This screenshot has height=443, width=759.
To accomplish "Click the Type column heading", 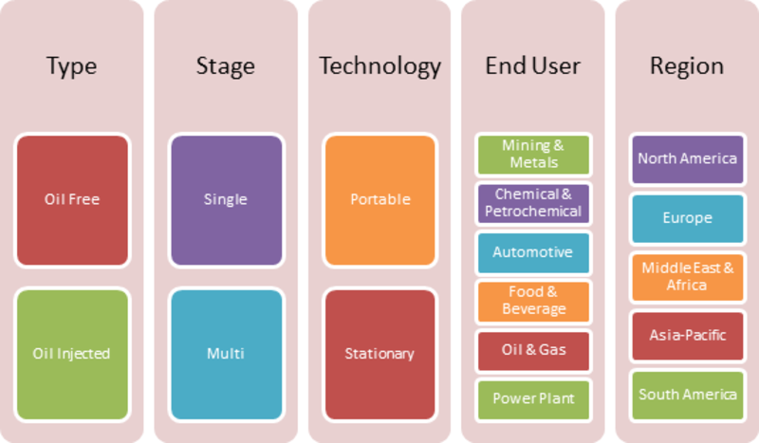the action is tap(72, 66).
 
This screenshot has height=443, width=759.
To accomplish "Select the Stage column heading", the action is tap(226, 66).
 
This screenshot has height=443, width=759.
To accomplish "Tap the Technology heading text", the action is tap(380, 66).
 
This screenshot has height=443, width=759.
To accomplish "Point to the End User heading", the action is tap(533, 65).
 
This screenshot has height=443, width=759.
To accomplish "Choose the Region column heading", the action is tap(687, 66).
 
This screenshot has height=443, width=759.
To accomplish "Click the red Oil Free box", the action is tap(73, 200).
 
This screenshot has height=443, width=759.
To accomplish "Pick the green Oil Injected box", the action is tap(73, 355).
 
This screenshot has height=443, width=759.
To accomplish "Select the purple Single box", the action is tap(227, 200).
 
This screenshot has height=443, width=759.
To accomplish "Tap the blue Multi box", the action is tap(227, 355).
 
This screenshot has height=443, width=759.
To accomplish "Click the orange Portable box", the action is tap(380, 200).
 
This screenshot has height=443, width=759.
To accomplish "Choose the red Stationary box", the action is tap(380, 355).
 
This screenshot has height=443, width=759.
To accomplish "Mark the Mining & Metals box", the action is tap(533, 155).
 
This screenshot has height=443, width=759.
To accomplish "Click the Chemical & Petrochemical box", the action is tap(533, 203).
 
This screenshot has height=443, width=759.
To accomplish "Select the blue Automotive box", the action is tap(533, 252).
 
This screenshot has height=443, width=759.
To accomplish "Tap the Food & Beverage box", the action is tap(533, 302).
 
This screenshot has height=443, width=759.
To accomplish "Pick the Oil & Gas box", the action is tap(533, 351).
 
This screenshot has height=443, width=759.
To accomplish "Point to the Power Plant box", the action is tap(533, 399).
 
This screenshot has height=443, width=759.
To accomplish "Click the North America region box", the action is tap(687, 159).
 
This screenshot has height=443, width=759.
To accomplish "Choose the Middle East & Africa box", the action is tap(687, 277).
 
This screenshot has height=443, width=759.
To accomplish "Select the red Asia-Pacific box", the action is tap(687, 336).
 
